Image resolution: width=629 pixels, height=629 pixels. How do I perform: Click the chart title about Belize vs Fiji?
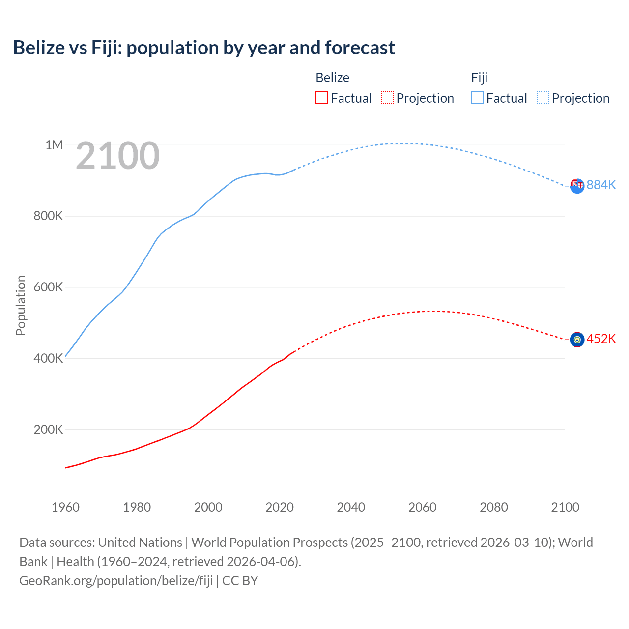click(204, 48)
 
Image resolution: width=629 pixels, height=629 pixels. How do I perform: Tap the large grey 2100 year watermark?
click(117, 156)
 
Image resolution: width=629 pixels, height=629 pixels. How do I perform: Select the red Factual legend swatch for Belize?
click(321, 98)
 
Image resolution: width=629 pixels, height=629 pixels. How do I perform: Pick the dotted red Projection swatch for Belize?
click(387, 98)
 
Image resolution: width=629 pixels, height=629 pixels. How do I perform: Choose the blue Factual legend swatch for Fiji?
click(477, 98)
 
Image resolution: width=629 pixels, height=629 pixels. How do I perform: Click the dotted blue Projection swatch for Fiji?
click(543, 98)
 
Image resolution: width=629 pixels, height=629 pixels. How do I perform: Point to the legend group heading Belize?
click(332, 78)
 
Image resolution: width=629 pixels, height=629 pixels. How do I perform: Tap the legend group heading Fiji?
click(479, 78)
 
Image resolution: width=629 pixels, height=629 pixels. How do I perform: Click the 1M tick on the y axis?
click(54, 145)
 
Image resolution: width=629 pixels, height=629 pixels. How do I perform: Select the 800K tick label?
click(48, 216)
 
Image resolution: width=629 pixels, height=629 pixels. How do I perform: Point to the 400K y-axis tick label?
click(48, 358)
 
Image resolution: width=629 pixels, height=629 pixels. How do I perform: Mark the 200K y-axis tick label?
click(48, 429)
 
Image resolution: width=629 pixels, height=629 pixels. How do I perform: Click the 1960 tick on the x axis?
click(65, 507)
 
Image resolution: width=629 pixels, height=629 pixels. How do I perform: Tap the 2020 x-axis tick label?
click(280, 507)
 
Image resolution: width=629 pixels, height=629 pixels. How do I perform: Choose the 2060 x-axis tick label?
click(422, 507)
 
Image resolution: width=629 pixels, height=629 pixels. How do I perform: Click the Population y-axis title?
click(21, 305)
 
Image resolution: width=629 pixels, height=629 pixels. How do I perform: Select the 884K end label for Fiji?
click(601, 185)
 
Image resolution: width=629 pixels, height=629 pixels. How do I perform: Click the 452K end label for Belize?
click(601, 339)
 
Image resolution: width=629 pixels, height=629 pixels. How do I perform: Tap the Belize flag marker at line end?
click(577, 340)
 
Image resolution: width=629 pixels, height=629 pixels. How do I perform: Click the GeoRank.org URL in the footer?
click(116, 580)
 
